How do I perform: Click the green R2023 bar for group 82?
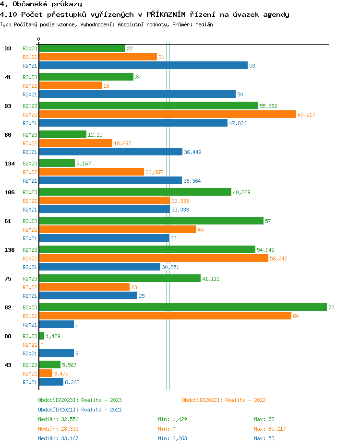pos(182,307)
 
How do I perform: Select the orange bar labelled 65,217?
pos(168,114)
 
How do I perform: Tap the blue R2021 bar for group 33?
pos(143,65)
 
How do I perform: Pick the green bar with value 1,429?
pos(41,336)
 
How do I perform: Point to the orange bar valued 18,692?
pos(75,143)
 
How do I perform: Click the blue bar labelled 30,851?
pos(99,267)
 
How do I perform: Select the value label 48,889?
pos(241,192)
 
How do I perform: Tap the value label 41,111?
pos(211,279)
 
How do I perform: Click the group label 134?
pos(10,164)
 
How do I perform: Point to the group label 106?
pos(10,192)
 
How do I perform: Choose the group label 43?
pos(8,365)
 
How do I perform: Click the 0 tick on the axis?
pos(39,39)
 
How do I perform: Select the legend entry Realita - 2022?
pos(224,400)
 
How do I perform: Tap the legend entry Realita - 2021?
pos(80,410)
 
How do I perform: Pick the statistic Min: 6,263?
pos(174,438)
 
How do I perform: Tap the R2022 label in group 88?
pos(30,345)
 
